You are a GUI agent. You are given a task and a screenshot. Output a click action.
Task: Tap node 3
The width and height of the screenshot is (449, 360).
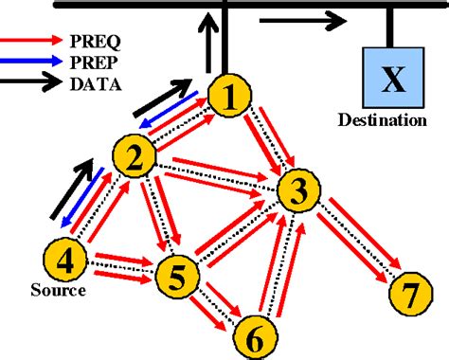pyautogui.click(x=298, y=193)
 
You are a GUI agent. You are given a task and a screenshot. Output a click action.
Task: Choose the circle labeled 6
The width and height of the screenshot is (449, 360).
pyautogui.click(x=252, y=334)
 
